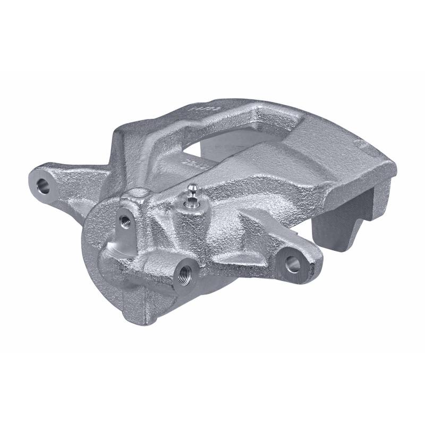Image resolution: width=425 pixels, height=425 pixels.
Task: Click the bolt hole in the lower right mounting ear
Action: point(292,262)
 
